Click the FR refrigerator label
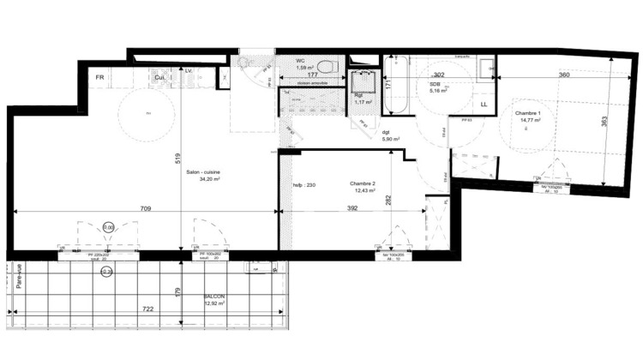pos(100,77)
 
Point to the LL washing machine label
pos(484,105)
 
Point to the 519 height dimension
pos(175,158)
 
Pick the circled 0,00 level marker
pos(109,227)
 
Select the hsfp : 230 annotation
pos(304,185)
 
